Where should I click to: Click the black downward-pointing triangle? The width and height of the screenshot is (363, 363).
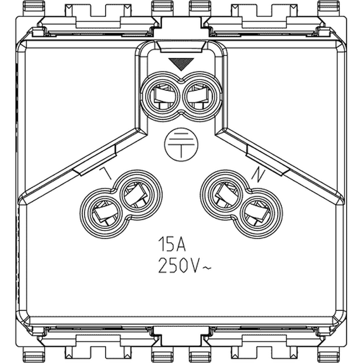[x=181, y=64]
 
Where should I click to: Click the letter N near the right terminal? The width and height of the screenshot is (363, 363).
[x=258, y=175]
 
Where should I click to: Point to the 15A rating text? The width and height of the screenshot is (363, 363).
[x=172, y=244]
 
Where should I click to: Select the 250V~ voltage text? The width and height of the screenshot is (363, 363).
[x=185, y=266]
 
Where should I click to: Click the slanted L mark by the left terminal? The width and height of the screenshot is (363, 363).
[x=106, y=173]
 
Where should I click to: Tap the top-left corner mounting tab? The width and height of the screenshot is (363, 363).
[x=34, y=8]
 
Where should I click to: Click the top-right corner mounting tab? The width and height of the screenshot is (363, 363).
[x=329, y=8]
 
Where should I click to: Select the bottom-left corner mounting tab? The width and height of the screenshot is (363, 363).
[x=34, y=355]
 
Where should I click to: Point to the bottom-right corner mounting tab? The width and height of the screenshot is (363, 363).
[x=329, y=355]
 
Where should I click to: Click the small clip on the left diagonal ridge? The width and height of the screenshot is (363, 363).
[x=95, y=160]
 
